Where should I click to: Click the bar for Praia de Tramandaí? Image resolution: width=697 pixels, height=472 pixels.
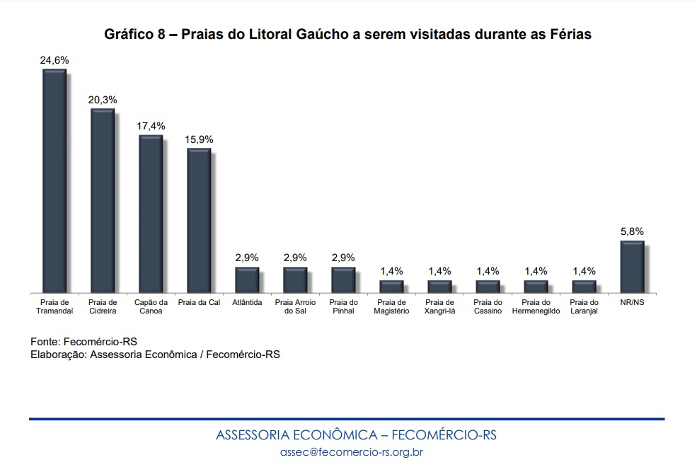(54, 181)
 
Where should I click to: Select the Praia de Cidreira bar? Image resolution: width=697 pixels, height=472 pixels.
(103, 200)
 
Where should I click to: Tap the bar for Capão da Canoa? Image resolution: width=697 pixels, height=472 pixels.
(151, 214)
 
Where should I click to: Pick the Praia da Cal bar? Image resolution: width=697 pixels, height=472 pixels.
(199, 221)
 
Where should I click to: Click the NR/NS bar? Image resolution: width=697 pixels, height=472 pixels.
(632, 267)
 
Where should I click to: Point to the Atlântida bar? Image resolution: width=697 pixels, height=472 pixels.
(247, 280)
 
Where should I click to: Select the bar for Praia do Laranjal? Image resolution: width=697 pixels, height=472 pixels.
(584, 287)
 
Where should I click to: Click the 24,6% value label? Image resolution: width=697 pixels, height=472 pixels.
(54, 60)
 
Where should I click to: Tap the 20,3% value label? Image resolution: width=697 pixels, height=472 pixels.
(103, 100)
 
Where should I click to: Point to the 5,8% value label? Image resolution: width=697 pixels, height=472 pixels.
(632, 231)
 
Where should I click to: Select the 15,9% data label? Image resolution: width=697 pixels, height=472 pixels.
(199, 139)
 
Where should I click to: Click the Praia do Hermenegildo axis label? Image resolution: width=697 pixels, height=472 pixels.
(536, 306)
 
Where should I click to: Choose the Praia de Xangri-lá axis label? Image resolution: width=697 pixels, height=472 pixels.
(439, 306)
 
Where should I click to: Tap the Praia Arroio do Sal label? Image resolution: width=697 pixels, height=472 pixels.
(295, 306)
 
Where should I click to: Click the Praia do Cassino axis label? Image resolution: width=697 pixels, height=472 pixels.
(488, 306)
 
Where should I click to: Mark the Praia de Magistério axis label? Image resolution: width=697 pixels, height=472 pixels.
(391, 306)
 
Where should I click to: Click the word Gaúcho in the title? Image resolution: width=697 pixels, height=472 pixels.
(322, 34)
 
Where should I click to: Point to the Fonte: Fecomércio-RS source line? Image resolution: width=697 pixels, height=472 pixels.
(83, 342)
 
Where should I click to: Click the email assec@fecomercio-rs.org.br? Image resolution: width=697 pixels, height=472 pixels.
(352, 452)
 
